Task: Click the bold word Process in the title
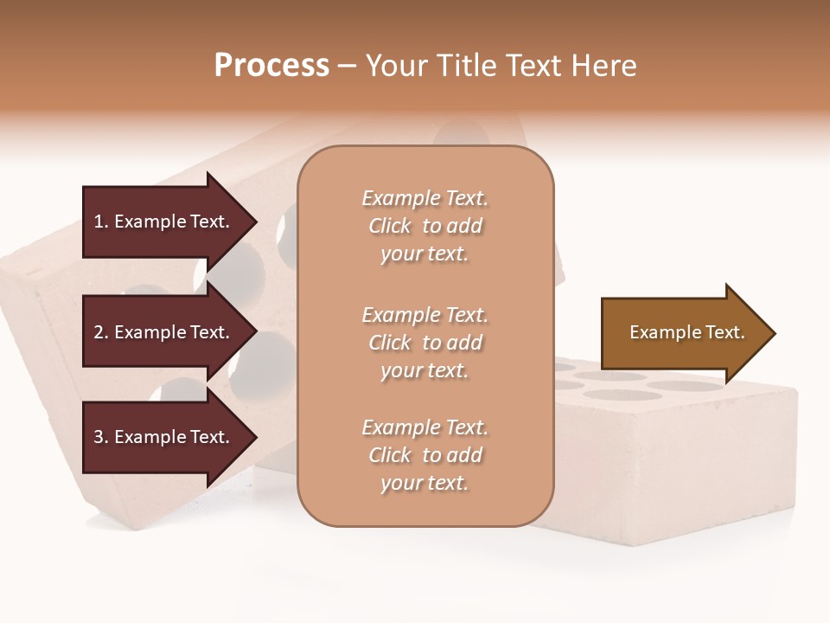271,66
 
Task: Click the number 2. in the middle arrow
100,332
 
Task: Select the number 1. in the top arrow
100,222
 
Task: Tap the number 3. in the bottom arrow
100,437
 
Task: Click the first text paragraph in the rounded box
425,226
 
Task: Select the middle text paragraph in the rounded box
425,343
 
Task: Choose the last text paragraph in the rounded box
425,455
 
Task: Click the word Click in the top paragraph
390,227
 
